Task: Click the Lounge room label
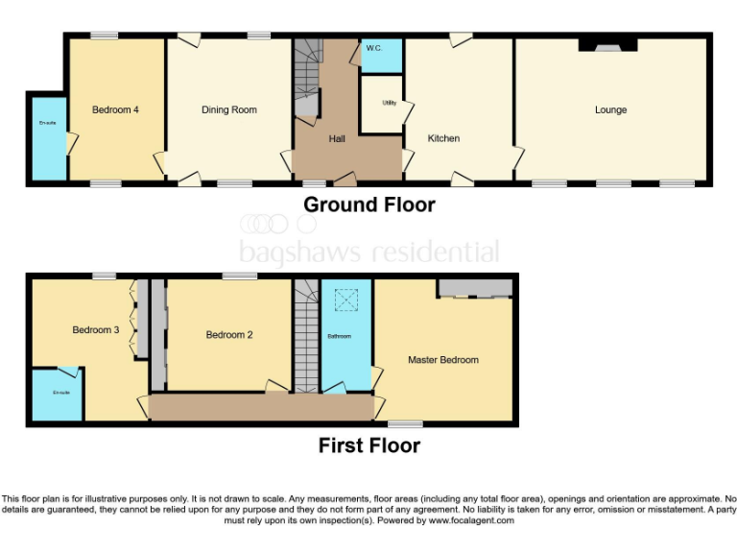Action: (x=610, y=110)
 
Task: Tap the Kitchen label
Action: (x=443, y=138)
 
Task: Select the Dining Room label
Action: (x=229, y=110)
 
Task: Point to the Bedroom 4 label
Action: (x=115, y=110)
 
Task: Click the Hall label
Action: (x=337, y=139)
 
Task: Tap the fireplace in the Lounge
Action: (x=606, y=44)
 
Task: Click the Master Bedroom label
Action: (x=442, y=360)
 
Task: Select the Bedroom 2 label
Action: (x=229, y=335)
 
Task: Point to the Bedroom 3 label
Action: (x=96, y=330)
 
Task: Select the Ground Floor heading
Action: (x=368, y=204)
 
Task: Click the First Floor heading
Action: (x=368, y=445)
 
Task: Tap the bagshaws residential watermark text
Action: (x=368, y=252)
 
